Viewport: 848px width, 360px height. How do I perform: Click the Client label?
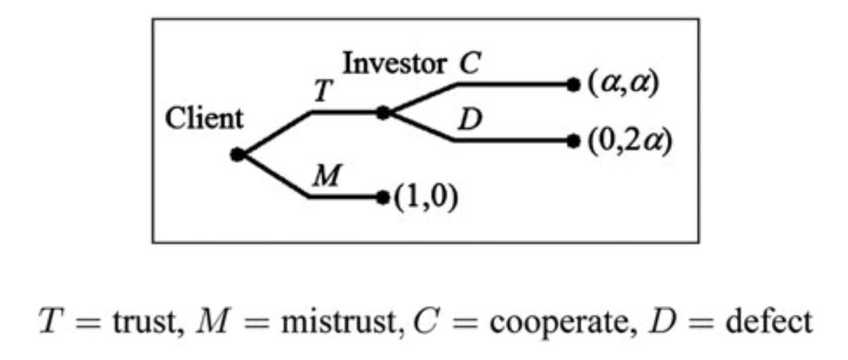pos(203,119)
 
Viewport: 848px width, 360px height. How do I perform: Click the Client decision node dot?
pos(237,155)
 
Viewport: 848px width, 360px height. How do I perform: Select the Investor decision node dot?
pos(384,112)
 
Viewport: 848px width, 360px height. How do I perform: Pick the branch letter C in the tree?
pos(469,64)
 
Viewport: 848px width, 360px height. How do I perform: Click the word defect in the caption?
pos(768,320)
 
